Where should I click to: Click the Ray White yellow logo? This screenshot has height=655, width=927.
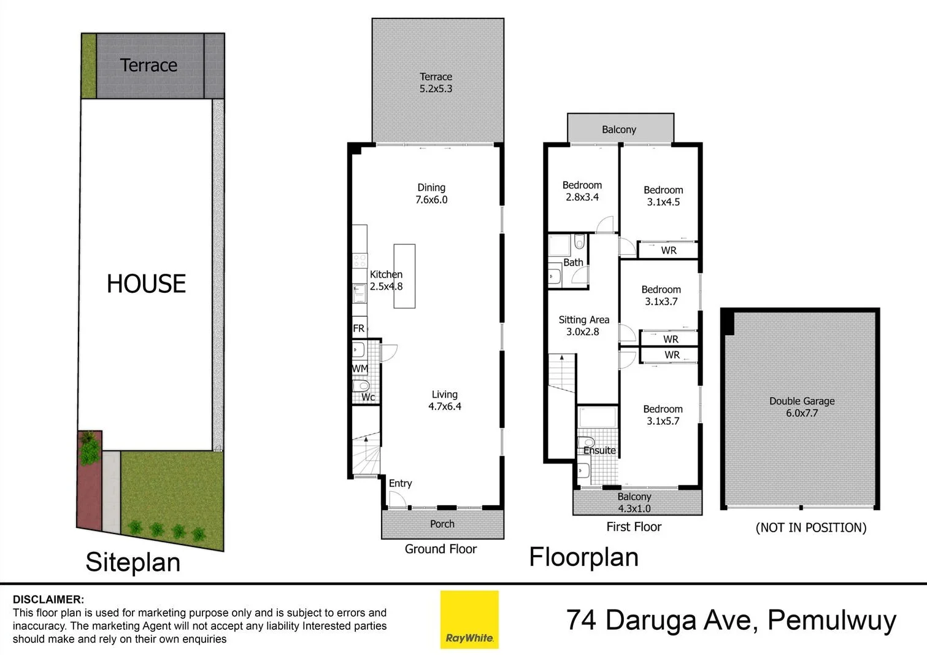(x=469, y=619)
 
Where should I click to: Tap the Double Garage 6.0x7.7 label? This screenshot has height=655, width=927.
(x=802, y=407)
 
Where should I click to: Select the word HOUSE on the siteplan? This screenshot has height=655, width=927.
(x=146, y=284)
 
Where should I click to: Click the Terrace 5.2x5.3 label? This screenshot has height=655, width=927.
(x=436, y=83)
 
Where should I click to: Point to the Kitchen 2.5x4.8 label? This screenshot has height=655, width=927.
(x=386, y=281)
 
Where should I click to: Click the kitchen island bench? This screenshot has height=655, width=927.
(x=404, y=276)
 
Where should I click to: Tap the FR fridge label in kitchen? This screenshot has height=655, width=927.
(x=359, y=328)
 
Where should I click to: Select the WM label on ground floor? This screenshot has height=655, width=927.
(x=360, y=368)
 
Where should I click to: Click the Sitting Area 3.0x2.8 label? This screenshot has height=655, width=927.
(x=583, y=325)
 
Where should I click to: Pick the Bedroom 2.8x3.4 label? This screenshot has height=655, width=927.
(x=582, y=191)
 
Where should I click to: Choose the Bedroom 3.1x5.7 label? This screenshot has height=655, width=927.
(x=663, y=415)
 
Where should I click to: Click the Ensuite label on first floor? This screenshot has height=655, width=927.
(x=599, y=450)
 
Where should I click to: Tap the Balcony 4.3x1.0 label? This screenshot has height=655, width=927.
(x=634, y=502)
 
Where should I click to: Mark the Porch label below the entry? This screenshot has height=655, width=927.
(x=442, y=524)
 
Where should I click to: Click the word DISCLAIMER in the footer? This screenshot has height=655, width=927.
(x=48, y=599)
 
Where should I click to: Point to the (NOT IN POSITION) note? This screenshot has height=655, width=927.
(x=810, y=527)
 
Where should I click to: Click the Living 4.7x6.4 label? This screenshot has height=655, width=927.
(x=444, y=400)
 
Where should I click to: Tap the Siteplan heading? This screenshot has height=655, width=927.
(x=133, y=562)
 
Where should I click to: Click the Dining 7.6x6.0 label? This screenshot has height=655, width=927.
(x=431, y=193)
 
